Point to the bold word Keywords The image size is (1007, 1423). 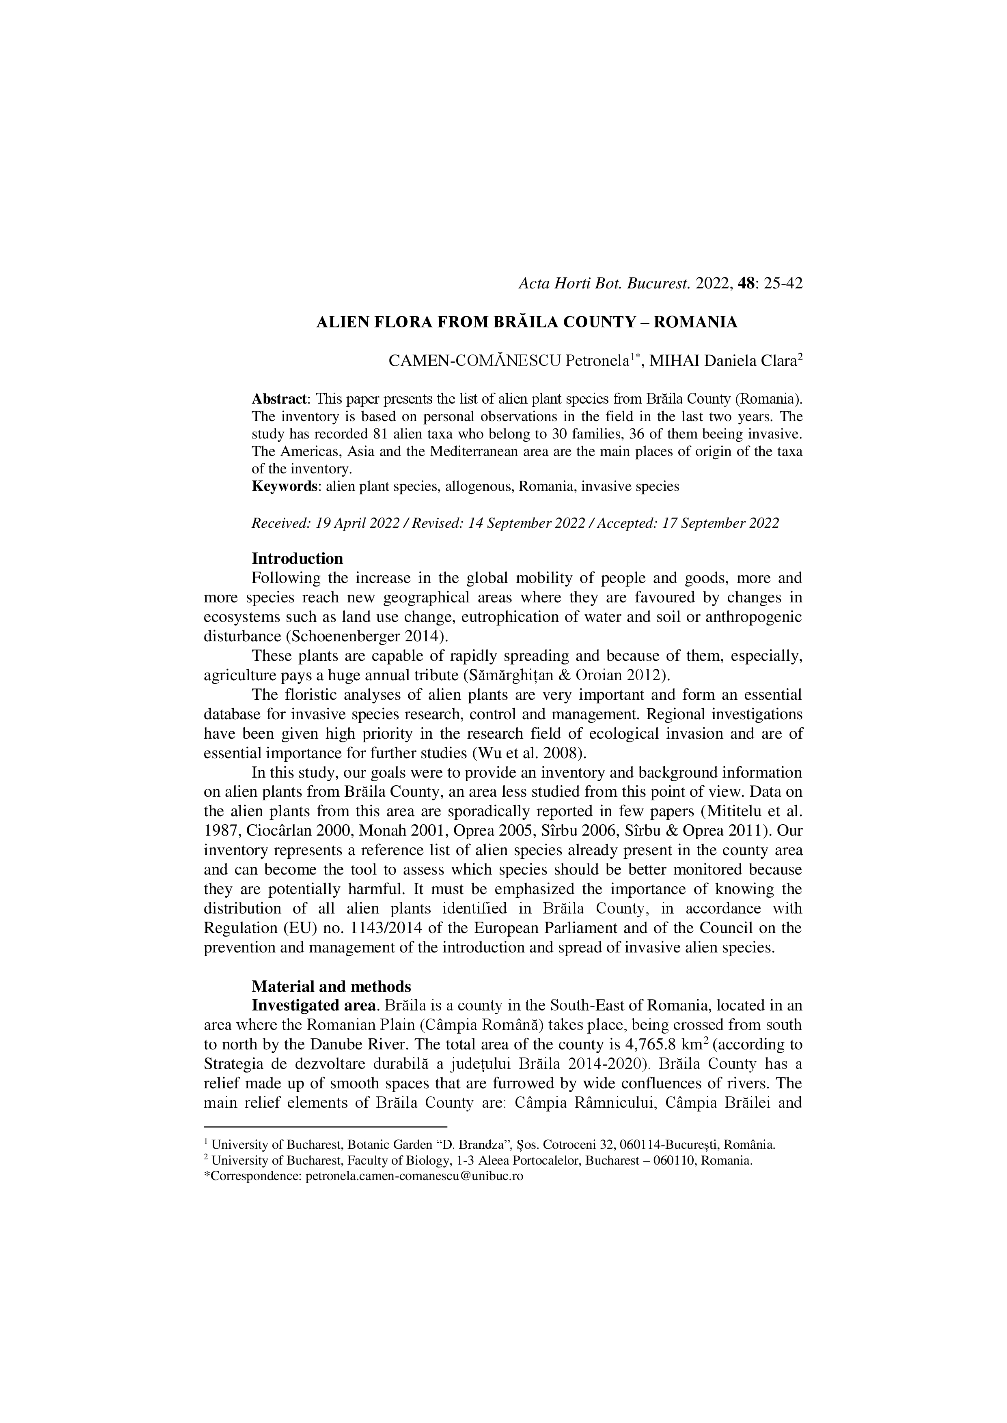point(285,486)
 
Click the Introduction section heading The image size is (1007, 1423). point(297,559)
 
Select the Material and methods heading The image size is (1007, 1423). point(331,986)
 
